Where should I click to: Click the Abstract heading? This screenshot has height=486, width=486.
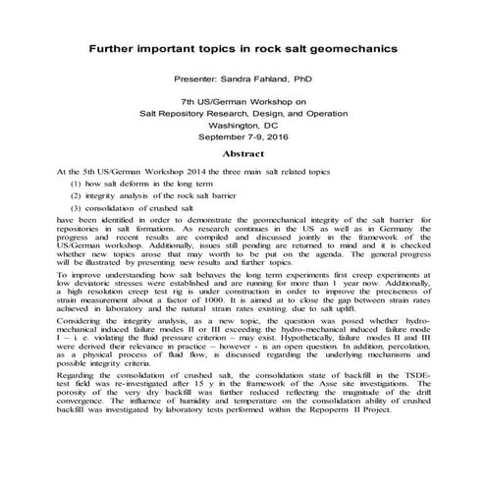(x=243, y=154)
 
